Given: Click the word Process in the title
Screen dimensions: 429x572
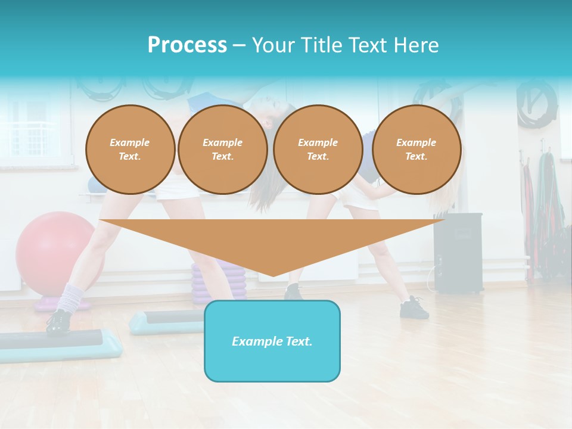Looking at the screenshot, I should click(x=187, y=45).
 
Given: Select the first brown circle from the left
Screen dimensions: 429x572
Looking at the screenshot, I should click(x=130, y=149).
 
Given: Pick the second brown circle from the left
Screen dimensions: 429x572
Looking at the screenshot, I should click(x=223, y=149).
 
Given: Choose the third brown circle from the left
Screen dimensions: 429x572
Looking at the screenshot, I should click(x=318, y=149).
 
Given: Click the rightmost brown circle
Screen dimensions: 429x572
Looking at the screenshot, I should click(x=416, y=149).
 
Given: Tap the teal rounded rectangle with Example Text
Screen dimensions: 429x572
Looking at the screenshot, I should click(x=272, y=341).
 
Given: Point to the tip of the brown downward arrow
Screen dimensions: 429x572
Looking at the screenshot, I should click(x=273, y=275).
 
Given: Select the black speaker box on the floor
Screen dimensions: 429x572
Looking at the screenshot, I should click(x=458, y=253).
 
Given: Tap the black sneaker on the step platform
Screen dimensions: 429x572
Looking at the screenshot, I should click(x=58, y=322).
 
